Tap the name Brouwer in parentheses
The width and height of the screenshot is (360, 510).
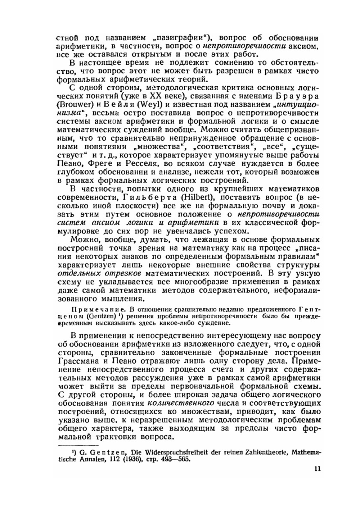[72, 105]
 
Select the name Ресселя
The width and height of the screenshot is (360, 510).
[131, 164]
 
